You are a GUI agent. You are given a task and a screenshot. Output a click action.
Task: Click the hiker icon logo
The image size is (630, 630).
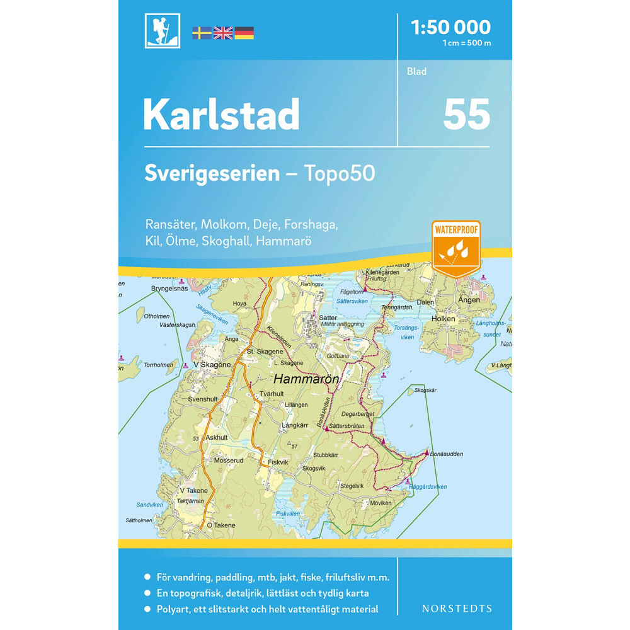163,31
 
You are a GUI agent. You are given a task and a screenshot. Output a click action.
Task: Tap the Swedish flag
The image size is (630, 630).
202,33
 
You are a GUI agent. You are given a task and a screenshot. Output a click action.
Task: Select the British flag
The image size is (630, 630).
223,33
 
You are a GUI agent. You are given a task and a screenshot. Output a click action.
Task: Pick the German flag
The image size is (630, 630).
244,33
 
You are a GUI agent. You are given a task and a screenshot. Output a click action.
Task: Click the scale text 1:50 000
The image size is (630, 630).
450,27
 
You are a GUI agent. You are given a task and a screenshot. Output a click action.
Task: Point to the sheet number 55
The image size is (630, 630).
466,114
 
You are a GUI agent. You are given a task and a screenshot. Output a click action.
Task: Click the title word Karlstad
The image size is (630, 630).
221,115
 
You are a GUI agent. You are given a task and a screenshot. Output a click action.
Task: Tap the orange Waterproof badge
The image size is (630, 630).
455,248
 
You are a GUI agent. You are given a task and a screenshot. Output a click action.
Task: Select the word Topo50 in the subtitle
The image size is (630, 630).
341,173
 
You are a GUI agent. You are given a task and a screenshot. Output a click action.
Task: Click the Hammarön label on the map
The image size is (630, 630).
306,379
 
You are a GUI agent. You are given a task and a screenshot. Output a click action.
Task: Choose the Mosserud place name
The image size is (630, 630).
229,461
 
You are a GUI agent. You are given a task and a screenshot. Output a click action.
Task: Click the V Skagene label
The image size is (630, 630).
212,365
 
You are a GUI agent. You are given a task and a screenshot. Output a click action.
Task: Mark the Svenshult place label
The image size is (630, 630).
202,399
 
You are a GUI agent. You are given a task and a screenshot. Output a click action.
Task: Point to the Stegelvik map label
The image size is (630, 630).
352,486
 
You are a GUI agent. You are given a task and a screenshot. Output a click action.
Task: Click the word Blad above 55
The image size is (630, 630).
417,71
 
